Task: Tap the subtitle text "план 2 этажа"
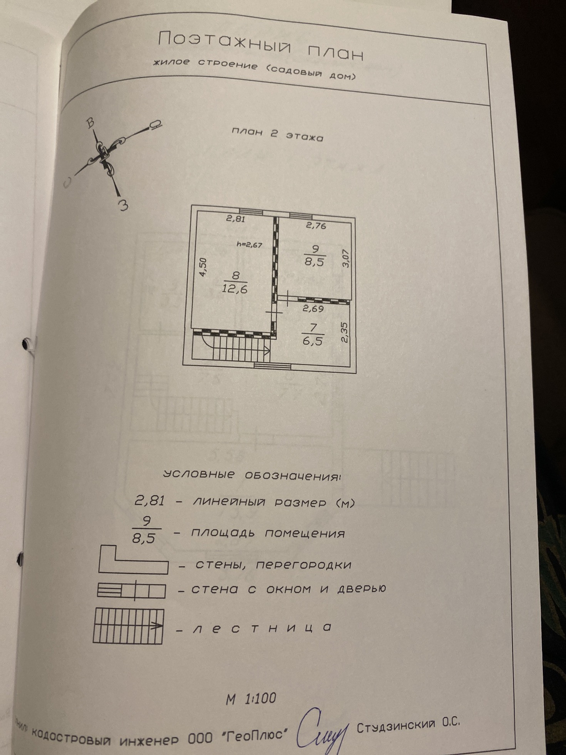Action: (x=277, y=134)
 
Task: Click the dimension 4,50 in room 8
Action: (x=203, y=267)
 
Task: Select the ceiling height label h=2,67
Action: (x=249, y=244)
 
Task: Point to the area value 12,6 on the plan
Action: (x=234, y=289)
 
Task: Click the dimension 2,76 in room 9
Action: (x=316, y=225)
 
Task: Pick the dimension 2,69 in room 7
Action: (x=313, y=308)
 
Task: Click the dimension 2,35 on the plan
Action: (x=344, y=332)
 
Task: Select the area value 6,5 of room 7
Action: (x=312, y=341)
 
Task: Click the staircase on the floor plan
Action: (x=235, y=349)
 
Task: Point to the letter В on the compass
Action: (x=90, y=122)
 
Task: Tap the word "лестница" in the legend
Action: (x=262, y=628)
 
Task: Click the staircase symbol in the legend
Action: (x=128, y=626)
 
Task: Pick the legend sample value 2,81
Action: (x=149, y=501)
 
